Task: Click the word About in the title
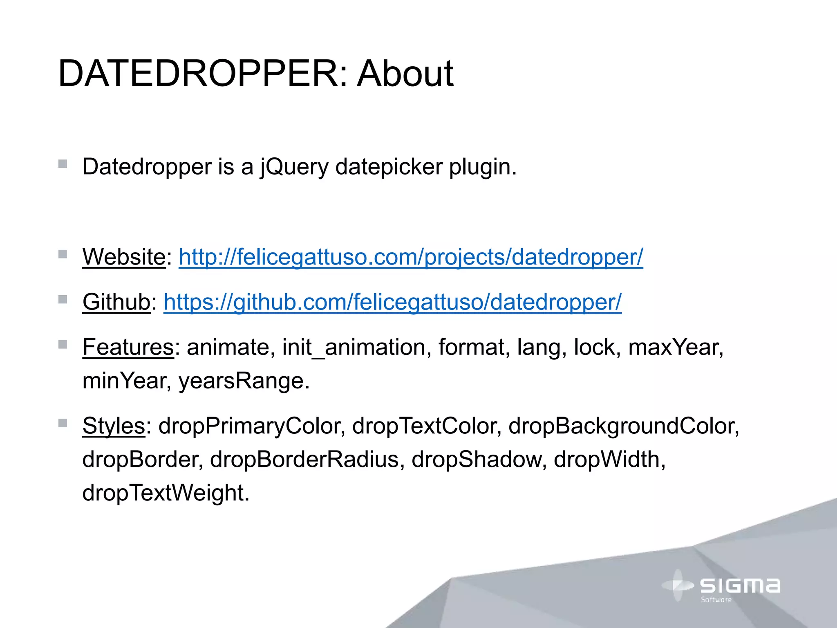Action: pos(405,74)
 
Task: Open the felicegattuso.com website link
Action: pos(411,257)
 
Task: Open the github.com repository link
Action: pos(392,302)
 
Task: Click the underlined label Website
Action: pos(124,257)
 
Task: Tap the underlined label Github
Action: pos(116,302)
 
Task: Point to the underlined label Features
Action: pos(128,347)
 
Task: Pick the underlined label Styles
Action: pos(114,426)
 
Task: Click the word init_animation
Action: pos(354,347)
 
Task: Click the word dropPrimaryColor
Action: pos(249,426)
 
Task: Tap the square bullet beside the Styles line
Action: pos(63,423)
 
